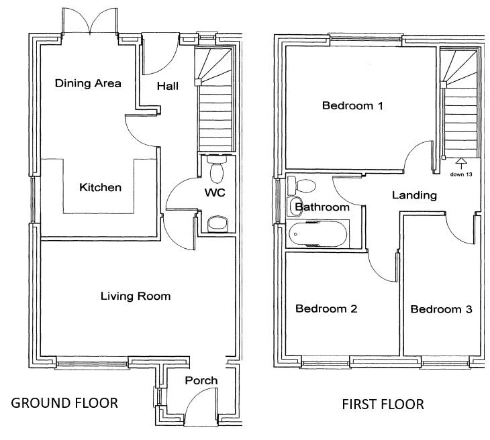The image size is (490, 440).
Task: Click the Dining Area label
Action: tap(88, 84)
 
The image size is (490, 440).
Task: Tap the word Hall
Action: tap(167, 87)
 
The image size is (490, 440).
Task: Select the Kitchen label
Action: tap(101, 187)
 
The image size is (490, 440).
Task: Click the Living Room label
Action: tap(136, 296)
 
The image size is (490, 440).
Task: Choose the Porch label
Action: tap(201, 380)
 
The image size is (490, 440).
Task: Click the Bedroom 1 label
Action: tap(352, 105)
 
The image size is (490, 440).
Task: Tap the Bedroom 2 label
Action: tap(326, 309)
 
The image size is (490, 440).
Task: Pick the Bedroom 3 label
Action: tap(441, 309)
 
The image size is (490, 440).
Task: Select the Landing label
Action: tap(414, 196)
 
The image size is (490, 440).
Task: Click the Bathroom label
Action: tap(323, 207)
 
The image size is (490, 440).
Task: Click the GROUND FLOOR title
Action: tap(65, 403)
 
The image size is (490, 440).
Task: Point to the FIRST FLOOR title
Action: tap(383, 404)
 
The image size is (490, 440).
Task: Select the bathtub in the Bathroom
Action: tap(317, 235)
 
